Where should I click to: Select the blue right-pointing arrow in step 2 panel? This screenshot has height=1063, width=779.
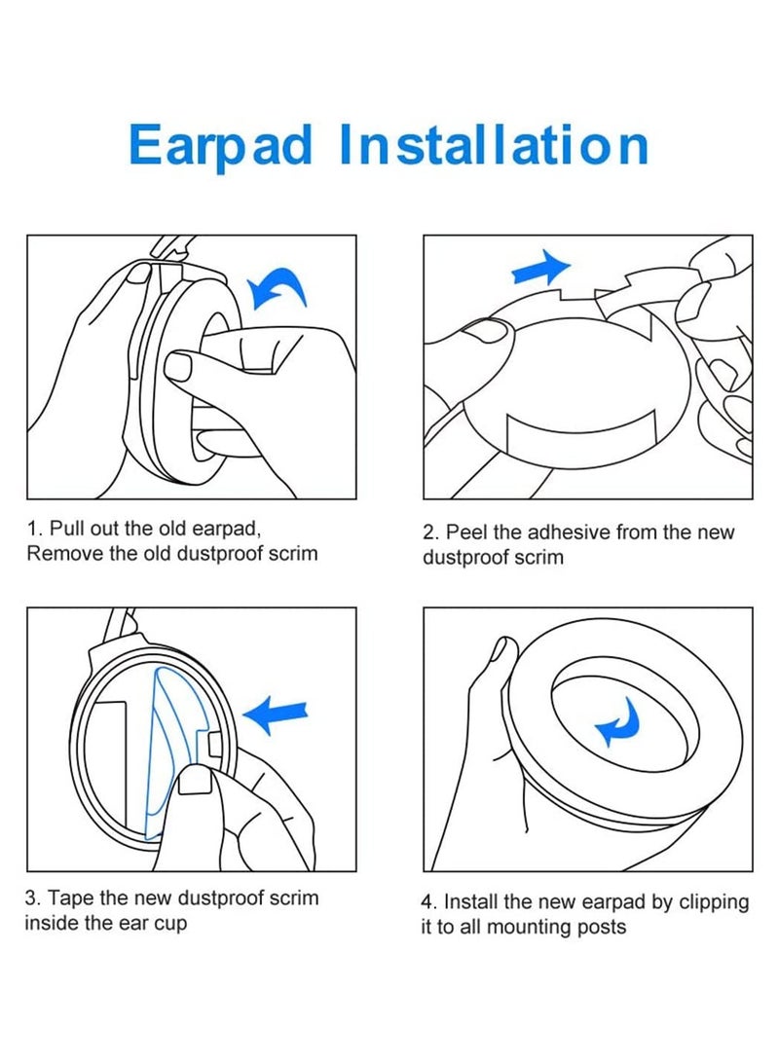point(542,266)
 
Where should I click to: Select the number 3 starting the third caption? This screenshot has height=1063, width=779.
point(30,898)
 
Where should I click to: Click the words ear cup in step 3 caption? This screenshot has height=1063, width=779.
point(150,922)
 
